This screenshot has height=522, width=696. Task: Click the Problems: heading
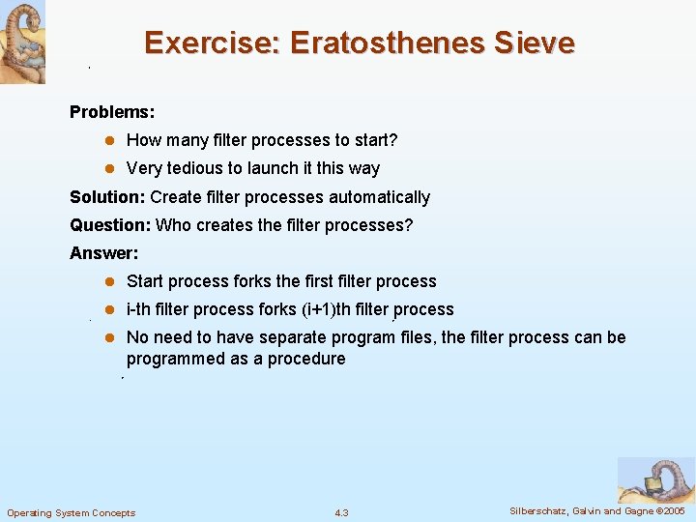112,112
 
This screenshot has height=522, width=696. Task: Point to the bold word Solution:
107,197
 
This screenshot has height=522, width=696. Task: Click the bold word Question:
110,225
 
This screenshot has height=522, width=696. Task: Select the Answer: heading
104,253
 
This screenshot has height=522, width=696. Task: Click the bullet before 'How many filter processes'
110,140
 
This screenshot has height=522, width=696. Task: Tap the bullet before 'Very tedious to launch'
110,168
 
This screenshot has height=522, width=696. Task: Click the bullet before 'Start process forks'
110,282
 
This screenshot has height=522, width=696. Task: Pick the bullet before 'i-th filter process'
110,310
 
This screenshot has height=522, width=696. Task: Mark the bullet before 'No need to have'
110,338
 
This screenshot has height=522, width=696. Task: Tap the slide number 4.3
341,512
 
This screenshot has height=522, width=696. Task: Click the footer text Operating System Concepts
72,512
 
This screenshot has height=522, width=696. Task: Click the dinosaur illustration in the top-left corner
22,42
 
